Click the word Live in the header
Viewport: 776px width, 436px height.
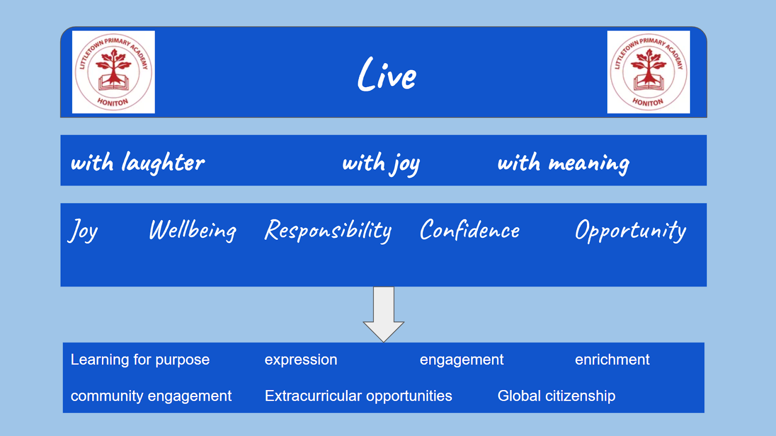pyautogui.click(x=387, y=75)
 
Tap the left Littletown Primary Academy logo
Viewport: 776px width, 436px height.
pyautogui.click(x=113, y=72)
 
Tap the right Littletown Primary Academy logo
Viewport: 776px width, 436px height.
pyautogui.click(x=648, y=72)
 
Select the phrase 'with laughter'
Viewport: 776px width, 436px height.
pyautogui.click(x=138, y=163)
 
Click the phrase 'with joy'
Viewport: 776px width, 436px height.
pyautogui.click(x=381, y=164)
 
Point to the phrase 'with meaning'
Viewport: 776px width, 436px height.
pyautogui.click(x=563, y=164)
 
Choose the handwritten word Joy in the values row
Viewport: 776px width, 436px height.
pyautogui.click(x=83, y=231)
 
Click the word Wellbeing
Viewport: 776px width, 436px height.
pyautogui.click(x=193, y=231)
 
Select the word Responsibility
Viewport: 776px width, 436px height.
pyautogui.click(x=328, y=231)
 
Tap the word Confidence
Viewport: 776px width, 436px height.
pyautogui.click(x=470, y=229)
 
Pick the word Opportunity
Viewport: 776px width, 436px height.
pyautogui.click(x=630, y=231)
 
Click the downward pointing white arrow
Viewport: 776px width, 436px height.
pyautogui.click(x=384, y=314)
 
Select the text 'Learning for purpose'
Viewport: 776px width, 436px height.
pyautogui.click(x=140, y=360)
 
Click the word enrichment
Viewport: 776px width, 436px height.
pyautogui.click(x=612, y=359)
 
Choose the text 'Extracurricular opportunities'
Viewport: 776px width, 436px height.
pyautogui.click(x=358, y=396)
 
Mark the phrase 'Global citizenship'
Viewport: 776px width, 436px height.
pyautogui.click(x=556, y=396)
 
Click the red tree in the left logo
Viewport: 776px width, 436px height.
pyautogui.click(x=113, y=66)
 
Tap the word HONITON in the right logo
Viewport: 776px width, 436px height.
pyautogui.click(x=648, y=102)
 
